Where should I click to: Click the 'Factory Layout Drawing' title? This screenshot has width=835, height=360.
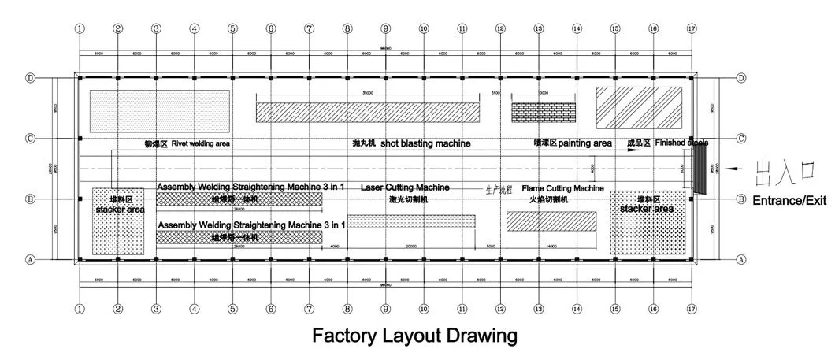(414, 336)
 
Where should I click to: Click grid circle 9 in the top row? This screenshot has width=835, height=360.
(386, 28)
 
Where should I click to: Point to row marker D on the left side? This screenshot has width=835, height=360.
(31, 79)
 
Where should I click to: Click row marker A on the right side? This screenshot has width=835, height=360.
(740, 258)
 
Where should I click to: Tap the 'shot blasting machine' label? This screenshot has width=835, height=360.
(425, 144)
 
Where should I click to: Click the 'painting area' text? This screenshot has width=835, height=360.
(584, 143)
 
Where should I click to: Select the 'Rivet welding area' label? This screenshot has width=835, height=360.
(200, 144)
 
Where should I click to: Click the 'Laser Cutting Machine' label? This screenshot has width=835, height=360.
(405, 188)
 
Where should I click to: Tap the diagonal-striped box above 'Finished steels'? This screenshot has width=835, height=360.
(639, 107)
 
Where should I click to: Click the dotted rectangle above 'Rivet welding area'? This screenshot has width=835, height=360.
(159, 110)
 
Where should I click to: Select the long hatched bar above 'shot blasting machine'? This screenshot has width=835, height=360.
(368, 112)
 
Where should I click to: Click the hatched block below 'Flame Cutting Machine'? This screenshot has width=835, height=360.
(551, 221)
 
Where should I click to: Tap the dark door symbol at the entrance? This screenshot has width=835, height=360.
(697, 169)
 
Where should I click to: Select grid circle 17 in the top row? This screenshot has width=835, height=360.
(692, 28)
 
